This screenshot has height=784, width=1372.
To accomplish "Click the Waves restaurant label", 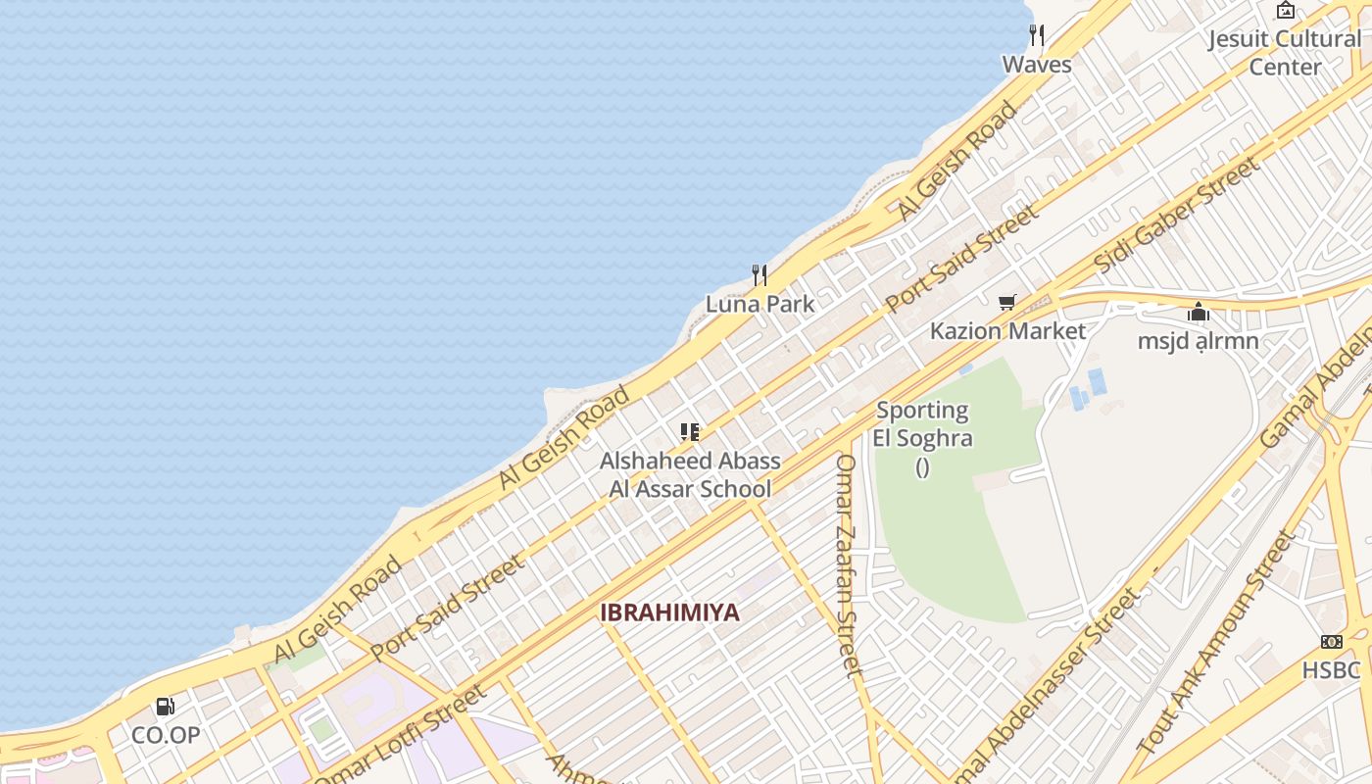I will (x=1036, y=65).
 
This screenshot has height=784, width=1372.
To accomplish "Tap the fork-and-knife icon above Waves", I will (x=1036, y=35).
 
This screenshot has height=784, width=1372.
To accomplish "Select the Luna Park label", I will (x=759, y=304).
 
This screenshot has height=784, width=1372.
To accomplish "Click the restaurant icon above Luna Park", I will (x=759, y=274).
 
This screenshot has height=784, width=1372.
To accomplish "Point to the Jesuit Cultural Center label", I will (x=1284, y=53).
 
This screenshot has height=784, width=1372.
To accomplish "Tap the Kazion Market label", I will (x=1007, y=331).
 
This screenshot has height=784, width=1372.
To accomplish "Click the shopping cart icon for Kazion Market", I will (x=1006, y=302).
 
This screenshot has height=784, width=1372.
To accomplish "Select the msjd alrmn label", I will (x=1198, y=341).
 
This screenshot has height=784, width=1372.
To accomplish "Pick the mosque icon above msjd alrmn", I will (x=1198, y=313).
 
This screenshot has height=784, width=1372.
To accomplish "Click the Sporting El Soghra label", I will (x=922, y=424).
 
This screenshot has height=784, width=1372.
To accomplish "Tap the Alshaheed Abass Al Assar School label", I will (x=690, y=475).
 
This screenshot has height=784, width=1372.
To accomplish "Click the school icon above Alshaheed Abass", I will (x=690, y=432).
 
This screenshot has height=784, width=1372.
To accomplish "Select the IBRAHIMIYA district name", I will (x=669, y=612).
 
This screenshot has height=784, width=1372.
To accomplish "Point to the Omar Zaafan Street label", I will (x=849, y=564).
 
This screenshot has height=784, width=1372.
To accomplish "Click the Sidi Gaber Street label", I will (x=1176, y=215).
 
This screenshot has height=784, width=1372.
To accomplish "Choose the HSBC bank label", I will (x=1331, y=670).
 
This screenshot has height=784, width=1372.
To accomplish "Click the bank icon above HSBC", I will (x=1331, y=642).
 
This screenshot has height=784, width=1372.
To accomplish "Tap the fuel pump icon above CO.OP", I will (x=166, y=706).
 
